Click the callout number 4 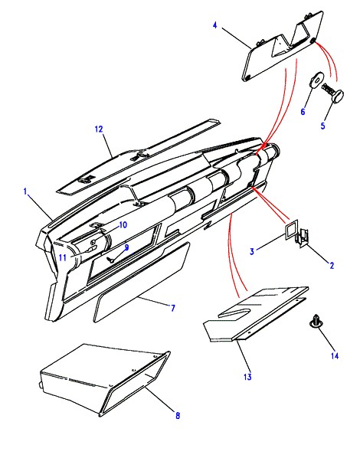[215, 25]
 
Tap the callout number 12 [99, 129]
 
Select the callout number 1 [25, 191]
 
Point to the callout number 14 [335, 356]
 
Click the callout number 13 [247, 377]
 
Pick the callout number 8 [178, 415]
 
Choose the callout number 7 [173, 308]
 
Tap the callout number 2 [332, 266]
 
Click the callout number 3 [252, 251]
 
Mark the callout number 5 [323, 126]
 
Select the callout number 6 [303, 112]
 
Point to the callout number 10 [123, 225]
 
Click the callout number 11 [63, 258]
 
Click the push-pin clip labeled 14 [316, 321]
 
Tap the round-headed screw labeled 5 [333, 93]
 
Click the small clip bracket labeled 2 [303, 237]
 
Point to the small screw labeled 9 [111, 259]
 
